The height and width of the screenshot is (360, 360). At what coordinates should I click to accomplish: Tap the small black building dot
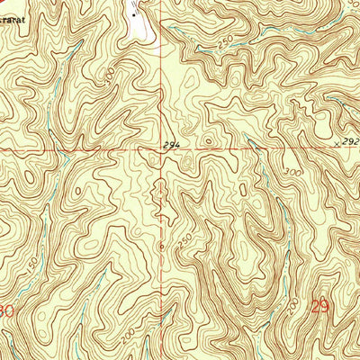(135, 15)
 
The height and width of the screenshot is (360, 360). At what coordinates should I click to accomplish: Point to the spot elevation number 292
(351, 141)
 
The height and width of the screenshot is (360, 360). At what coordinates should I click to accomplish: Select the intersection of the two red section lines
(163, 149)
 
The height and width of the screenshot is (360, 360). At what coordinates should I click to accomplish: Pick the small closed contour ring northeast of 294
(209, 140)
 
